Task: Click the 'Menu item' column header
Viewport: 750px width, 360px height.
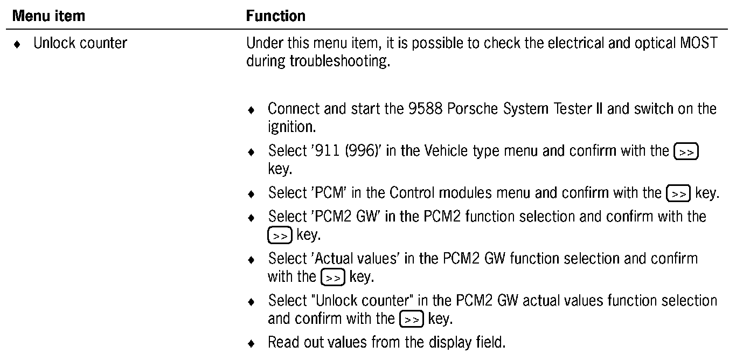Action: (x=48, y=16)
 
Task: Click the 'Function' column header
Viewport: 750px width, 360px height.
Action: (x=275, y=16)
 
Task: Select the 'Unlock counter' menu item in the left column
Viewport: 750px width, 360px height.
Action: (x=80, y=43)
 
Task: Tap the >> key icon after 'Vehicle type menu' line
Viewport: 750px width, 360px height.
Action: (x=686, y=152)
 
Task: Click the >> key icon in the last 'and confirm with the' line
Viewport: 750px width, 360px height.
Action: (x=411, y=319)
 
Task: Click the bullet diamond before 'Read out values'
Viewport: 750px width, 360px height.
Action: (x=251, y=343)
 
